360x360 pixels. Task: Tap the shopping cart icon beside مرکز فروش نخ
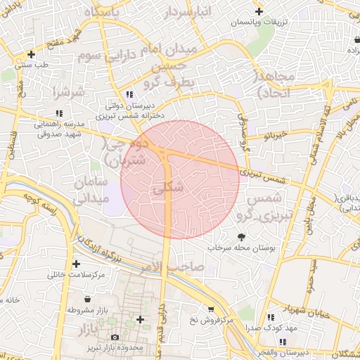point(210,309)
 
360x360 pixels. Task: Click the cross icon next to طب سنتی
point(31,54)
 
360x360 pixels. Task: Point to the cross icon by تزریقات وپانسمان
point(259,11)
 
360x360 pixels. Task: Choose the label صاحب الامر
point(178,267)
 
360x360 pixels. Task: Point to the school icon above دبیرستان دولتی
point(128,94)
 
